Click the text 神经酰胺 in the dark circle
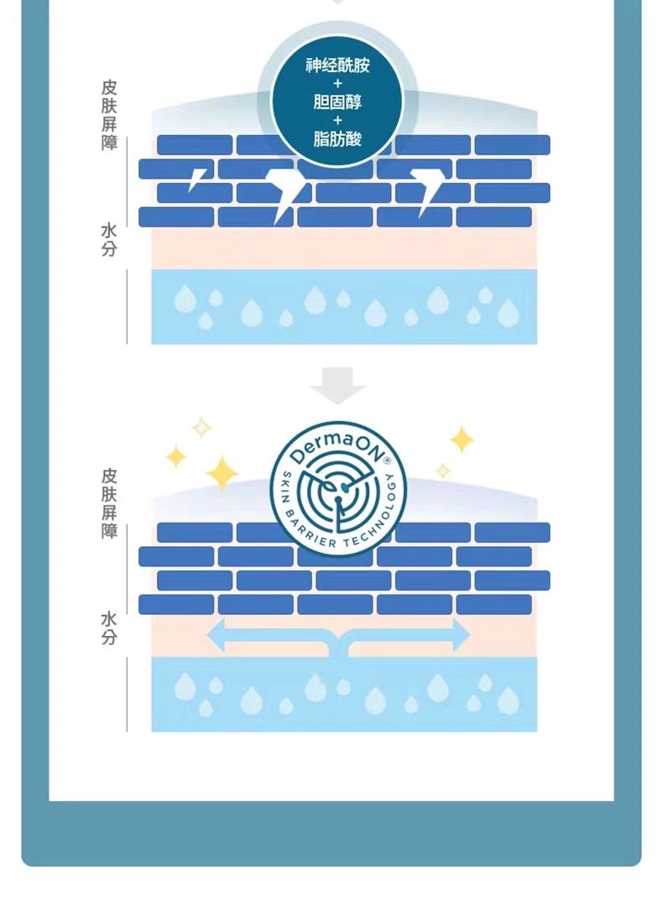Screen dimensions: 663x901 click(x=337, y=65)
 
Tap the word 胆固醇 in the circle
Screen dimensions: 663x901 click(x=337, y=102)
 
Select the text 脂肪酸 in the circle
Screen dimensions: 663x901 click(x=337, y=138)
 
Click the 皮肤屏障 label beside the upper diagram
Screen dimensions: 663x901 click(x=109, y=115)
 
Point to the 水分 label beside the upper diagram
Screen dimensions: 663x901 click(x=109, y=239)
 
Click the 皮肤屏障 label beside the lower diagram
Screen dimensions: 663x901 click(x=109, y=503)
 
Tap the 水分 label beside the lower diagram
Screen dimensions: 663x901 click(x=109, y=628)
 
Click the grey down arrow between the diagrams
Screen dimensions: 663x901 click(x=337, y=385)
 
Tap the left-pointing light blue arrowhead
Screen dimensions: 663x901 click(x=217, y=635)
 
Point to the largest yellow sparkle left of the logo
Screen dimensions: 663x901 click(x=222, y=473)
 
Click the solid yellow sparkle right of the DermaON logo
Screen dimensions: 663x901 click(x=462, y=440)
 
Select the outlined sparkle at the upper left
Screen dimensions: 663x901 click(x=201, y=427)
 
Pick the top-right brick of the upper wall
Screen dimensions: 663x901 click(x=512, y=145)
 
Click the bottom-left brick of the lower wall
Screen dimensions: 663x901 click(x=176, y=605)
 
